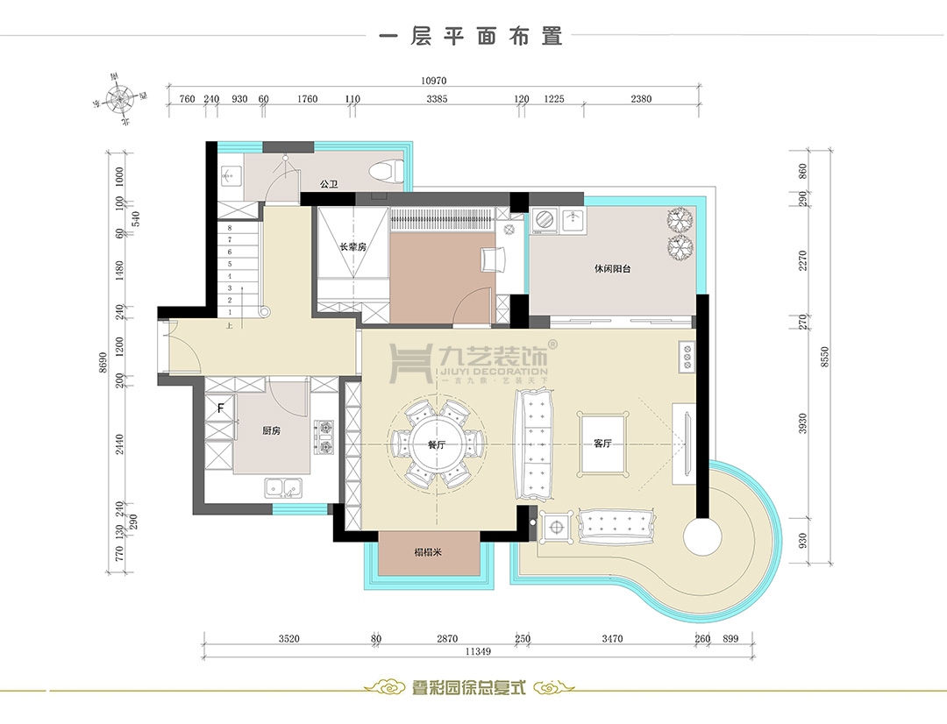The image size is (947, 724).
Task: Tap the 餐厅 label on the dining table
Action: click(x=436, y=445)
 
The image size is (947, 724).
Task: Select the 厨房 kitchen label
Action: click(x=271, y=431)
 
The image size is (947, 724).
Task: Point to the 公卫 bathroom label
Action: click(x=329, y=184)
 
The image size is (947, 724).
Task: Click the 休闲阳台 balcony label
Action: click(x=612, y=269)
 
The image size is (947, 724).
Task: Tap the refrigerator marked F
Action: click(x=220, y=408)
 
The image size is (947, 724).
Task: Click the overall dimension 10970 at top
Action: click(x=434, y=80)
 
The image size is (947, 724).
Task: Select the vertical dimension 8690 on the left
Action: click(x=103, y=364)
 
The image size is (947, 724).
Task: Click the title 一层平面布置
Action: click(x=469, y=38)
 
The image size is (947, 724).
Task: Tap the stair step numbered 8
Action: click(x=230, y=227)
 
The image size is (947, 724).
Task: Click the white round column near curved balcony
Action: click(x=702, y=536)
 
